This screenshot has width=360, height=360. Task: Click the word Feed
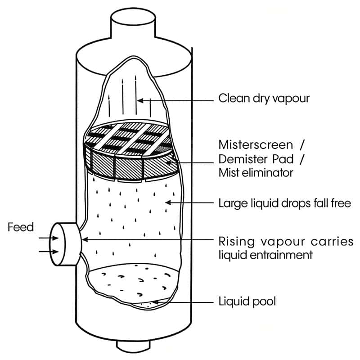21,227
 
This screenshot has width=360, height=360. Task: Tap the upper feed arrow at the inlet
45,239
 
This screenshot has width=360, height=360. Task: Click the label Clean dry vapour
264,98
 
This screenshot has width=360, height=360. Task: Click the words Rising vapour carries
286,241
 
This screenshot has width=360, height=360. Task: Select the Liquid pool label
247,301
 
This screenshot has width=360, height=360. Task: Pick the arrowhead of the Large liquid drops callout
168,203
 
